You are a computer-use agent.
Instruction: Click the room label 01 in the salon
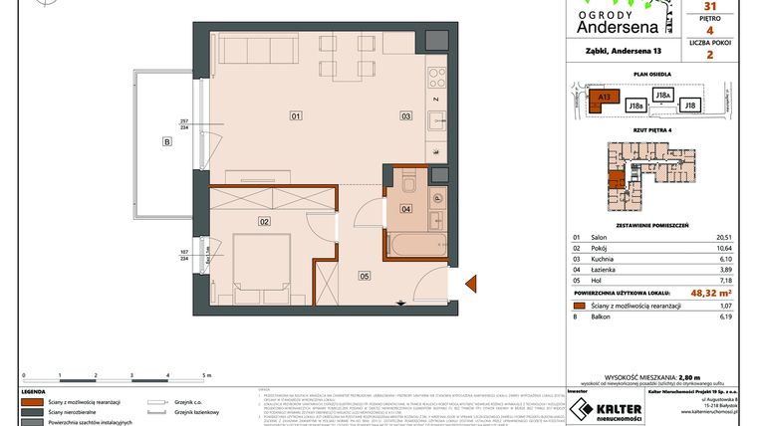296,116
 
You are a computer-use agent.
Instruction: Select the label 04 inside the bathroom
405,209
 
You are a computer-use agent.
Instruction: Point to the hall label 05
365,276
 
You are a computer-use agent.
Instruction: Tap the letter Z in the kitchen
436,100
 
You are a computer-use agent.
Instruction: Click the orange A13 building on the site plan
603,99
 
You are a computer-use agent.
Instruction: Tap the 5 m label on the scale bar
205,377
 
